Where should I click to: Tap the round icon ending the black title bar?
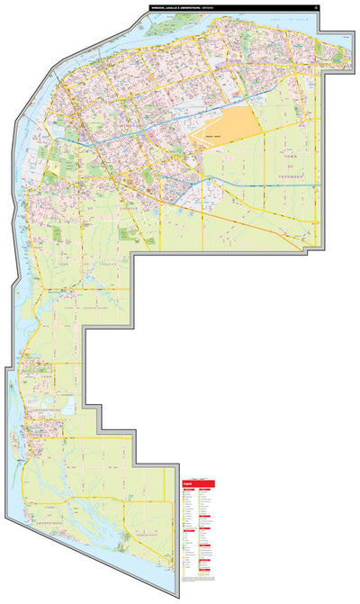pyautogui.click(x=317, y=9)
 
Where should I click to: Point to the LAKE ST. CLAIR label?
pyautogui.click(x=298, y=19)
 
